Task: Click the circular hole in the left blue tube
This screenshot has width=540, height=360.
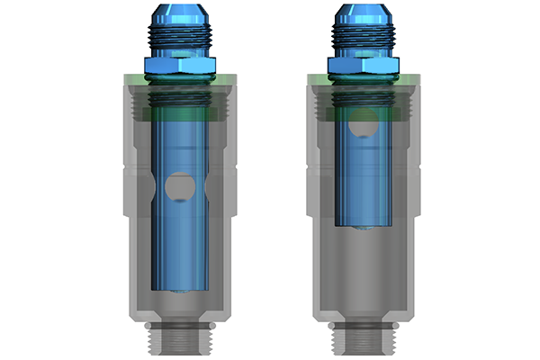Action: coord(177,187)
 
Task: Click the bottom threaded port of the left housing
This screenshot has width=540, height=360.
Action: coord(177,340)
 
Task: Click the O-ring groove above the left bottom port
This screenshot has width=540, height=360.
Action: coord(177,323)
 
